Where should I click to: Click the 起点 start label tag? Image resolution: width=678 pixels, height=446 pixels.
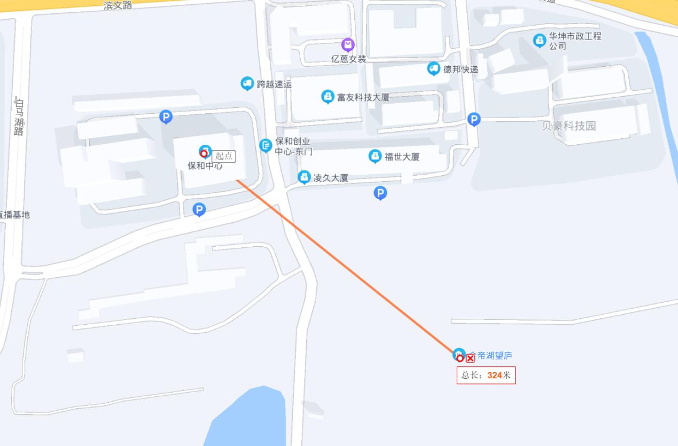[224, 156]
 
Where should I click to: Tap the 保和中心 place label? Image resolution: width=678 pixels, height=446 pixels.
[205, 166]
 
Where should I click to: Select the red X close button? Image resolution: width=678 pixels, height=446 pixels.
[470, 358]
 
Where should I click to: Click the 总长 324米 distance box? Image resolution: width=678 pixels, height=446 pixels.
[486, 375]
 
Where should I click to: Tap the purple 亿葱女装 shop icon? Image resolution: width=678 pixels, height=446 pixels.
[348, 45]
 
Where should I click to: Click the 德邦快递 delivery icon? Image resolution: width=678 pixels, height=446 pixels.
[433, 68]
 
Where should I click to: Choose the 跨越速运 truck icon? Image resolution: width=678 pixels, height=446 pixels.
[247, 83]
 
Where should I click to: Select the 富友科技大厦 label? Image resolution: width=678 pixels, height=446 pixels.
[363, 97]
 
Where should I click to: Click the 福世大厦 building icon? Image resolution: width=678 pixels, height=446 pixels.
[375, 156]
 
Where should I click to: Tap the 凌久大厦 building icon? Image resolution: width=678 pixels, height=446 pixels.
[304, 177]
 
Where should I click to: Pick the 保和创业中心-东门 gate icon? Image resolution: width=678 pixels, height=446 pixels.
[266, 145]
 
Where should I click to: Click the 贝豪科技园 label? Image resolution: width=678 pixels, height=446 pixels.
[569, 126]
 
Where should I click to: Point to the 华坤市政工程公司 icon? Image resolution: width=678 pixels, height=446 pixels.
[540, 40]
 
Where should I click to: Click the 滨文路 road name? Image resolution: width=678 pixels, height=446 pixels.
[118, 5]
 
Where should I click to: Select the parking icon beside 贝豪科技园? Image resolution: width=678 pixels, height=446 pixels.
[473, 119]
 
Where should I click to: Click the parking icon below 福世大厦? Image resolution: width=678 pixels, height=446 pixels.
[380, 193]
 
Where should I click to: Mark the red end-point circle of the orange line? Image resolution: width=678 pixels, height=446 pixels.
[459, 358]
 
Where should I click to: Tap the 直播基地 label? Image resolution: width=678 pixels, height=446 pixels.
[15, 215]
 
